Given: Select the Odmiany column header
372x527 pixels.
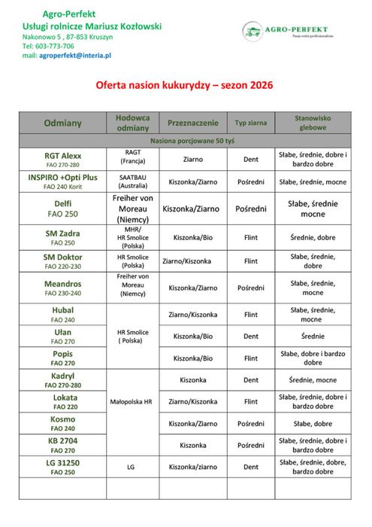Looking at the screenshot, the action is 62,122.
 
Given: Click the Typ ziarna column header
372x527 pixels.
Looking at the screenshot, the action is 251,122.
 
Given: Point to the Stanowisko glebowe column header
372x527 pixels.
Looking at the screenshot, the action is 313,122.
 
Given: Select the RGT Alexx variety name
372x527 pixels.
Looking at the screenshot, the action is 62,155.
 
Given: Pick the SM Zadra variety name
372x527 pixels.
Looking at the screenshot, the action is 62,233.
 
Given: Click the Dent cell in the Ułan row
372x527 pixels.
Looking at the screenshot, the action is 251,336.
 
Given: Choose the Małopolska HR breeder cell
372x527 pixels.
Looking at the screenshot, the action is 133,402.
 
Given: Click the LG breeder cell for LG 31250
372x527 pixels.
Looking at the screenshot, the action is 133,467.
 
